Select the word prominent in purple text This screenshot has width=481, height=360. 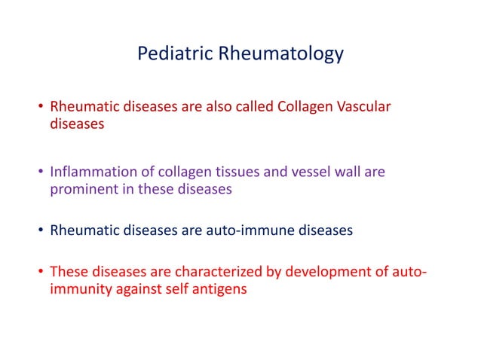(81, 189)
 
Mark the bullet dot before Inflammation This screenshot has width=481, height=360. (41, 172)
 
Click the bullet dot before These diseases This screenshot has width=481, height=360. (41, 272)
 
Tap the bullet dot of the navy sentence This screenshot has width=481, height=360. (41, 231)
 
